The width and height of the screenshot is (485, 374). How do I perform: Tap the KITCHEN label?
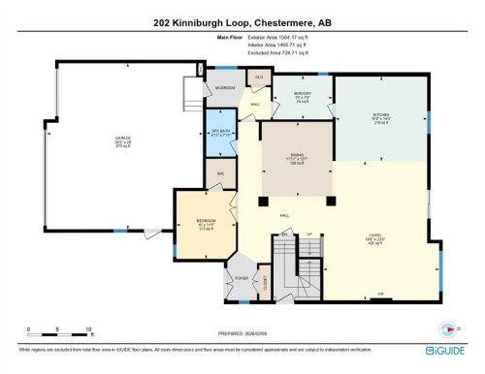pos(378,118)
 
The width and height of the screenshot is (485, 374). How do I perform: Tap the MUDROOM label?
pos(225,86)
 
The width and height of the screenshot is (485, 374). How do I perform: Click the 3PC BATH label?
pos(220,135)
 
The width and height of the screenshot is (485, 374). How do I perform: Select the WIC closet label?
pos(221,174)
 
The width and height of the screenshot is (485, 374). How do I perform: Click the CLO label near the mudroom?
pos(258,76)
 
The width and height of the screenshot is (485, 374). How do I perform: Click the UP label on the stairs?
pos(309,234)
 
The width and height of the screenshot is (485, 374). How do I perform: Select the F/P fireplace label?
pos(381,294)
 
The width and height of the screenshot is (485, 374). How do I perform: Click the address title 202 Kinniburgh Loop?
pos(242,23)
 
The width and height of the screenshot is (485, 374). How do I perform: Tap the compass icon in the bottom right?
pos(447,327)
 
